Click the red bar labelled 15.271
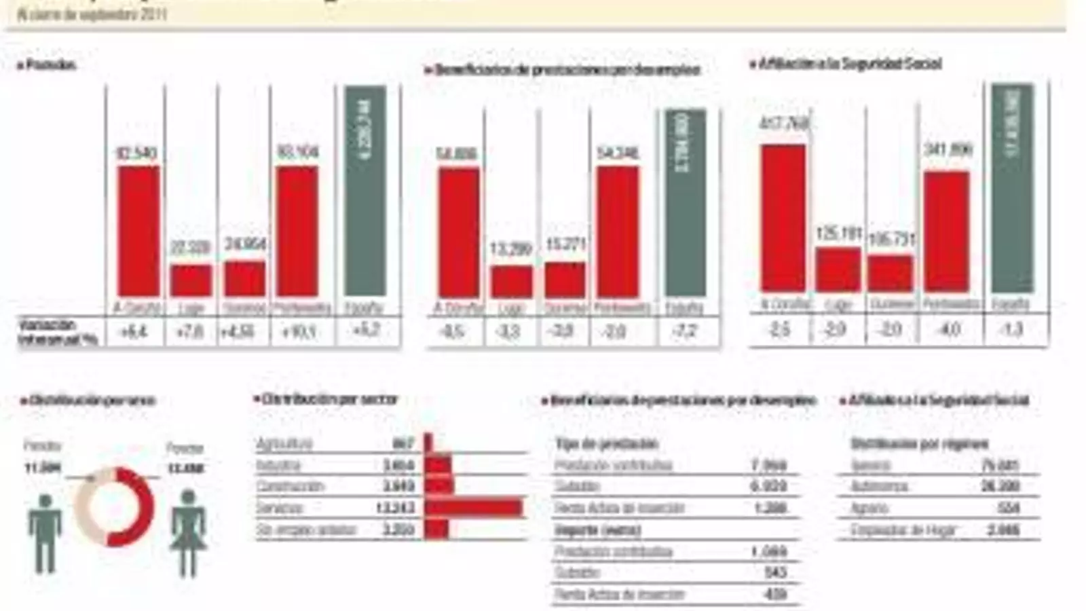click(565, 280)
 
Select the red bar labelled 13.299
click(512, 282)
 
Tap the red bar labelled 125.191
click(838, 270)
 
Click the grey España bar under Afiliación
click(1012, 188)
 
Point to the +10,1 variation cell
click(299, 332)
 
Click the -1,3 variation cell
click(1011, 330)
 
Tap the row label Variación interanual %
click(57, 332)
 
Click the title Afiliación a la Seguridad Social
click(849, 64)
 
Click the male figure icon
click(45, 533)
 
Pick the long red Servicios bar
click(474, 507)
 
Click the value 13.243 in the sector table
click(395, 508)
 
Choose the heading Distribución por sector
click(329, 399)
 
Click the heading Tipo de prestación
click(606, 444)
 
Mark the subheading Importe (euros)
click(597, 530)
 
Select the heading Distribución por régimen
click(919, 444)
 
